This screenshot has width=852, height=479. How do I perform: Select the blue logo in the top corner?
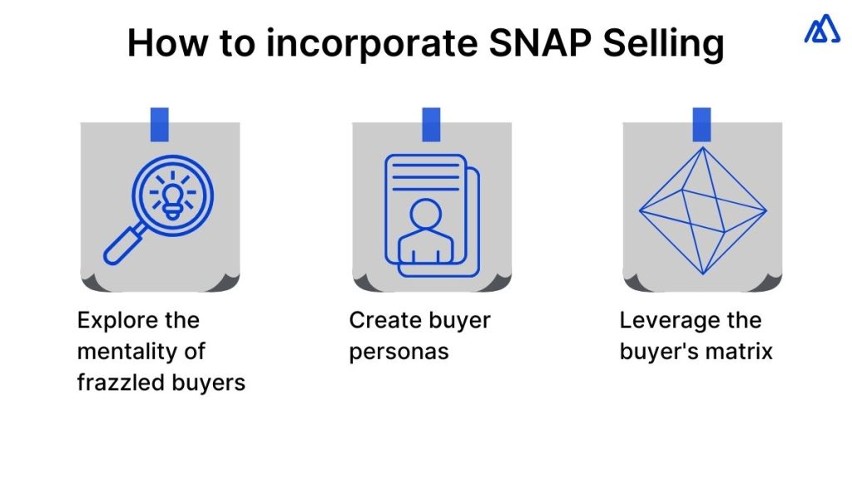pos(822,28)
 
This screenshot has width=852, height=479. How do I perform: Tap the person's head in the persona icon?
pos(426,214)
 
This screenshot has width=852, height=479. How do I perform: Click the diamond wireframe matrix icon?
pos(702,210)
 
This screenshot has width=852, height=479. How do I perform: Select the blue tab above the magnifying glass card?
pos(159,125)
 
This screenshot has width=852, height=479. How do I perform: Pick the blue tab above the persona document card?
pos(431,125)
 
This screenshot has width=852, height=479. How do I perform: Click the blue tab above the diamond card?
pos(701,125)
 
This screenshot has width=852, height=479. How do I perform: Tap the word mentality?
pos(126,352)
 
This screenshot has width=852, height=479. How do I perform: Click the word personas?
pos(399,353)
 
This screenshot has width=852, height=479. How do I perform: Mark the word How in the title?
pos(167,43)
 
